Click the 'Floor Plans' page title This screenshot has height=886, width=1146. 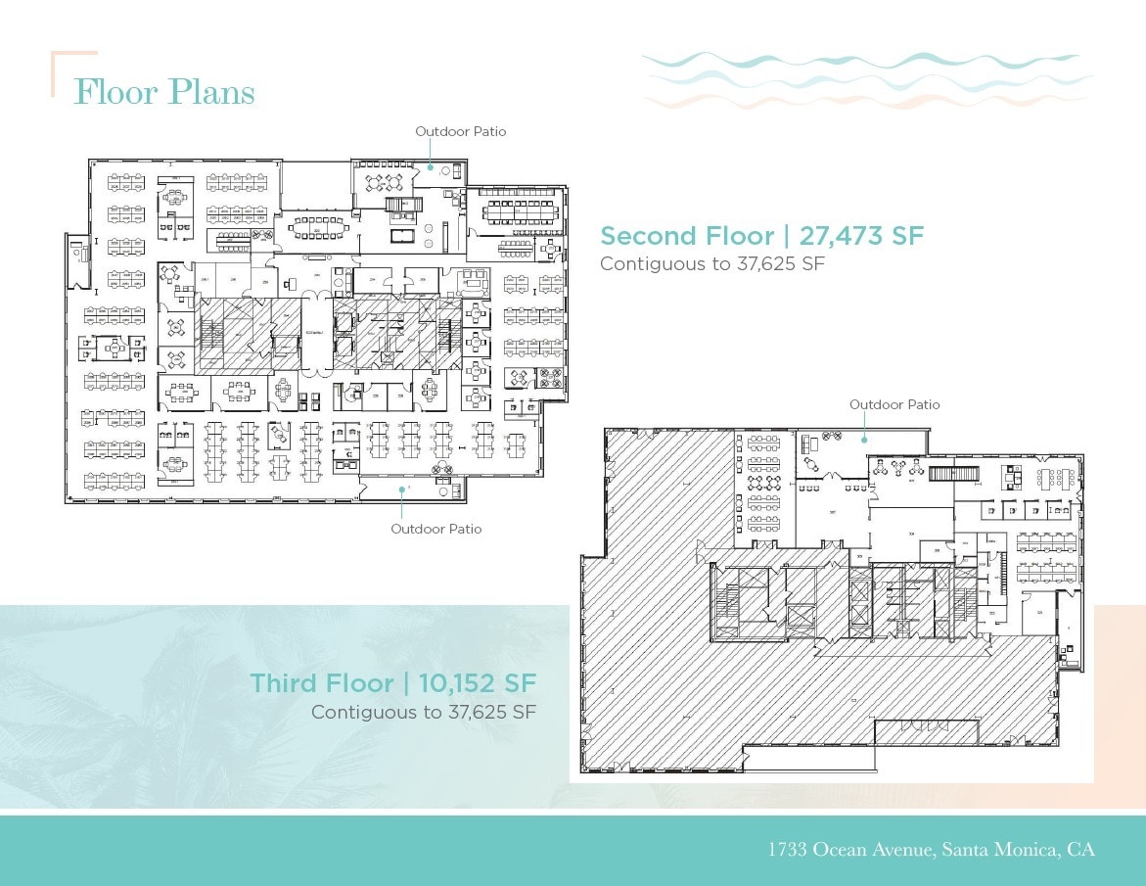coord(164,92)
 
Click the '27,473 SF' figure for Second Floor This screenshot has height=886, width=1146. coord(861,236)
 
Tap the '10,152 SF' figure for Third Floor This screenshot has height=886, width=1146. coord(478,682)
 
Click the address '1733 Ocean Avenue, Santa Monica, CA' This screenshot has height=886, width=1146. coord(931,849)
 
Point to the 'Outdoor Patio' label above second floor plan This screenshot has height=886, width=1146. coord(460,131)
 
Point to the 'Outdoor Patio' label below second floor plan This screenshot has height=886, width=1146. coord(436,529)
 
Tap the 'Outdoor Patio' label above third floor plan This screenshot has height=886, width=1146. coord(894,404)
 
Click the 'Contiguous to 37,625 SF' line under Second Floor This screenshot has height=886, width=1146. coord(712,263)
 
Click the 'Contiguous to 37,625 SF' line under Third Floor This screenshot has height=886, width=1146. coord(423,712)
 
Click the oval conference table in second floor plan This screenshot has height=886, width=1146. coord(314,227)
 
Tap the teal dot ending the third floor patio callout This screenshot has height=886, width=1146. coord(864,440)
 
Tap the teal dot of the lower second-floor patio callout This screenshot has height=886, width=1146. coord(400,488)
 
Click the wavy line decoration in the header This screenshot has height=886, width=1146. coord(866,78)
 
